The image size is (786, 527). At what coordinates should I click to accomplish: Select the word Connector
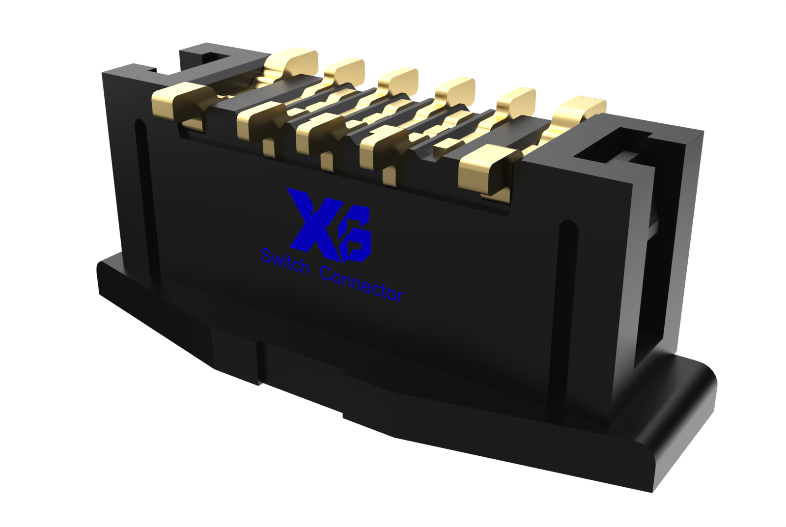click(361, 284)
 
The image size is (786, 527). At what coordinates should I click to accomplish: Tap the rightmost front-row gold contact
click(484, 167)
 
